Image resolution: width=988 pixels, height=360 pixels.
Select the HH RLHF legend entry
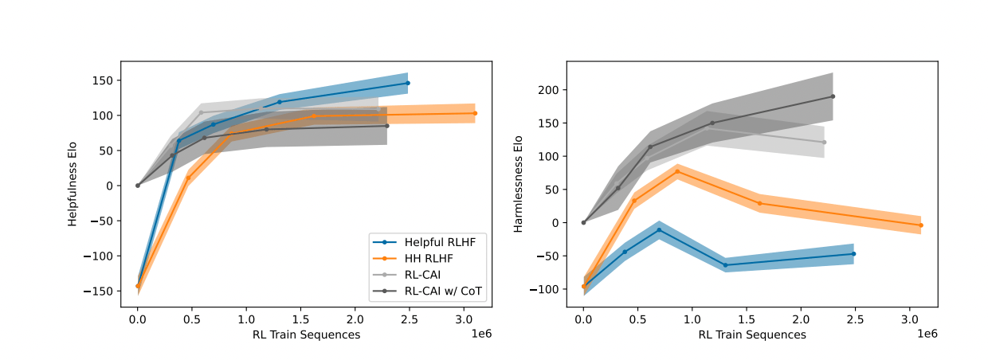point(427,258)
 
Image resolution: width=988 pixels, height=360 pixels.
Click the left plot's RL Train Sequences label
point(306,335)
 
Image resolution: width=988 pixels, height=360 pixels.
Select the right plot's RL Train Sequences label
point(752,335)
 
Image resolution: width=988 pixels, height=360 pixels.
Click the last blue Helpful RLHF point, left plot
point(408,83)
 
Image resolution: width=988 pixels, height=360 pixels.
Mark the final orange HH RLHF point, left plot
point(475,113)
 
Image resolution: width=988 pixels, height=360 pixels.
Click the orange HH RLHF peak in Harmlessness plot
point(677,171)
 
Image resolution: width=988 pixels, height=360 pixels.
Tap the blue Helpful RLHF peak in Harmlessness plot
point(659,229)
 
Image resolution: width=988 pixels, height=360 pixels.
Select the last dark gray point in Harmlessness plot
point(833,96)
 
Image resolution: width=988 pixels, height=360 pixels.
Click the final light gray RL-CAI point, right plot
point(824,143)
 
